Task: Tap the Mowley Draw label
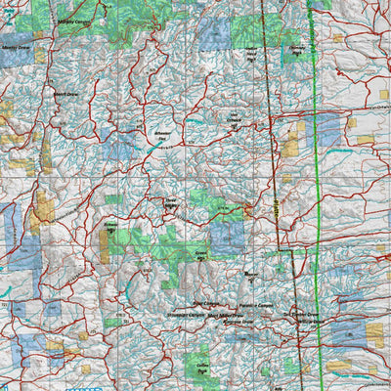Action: point(16,46)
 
